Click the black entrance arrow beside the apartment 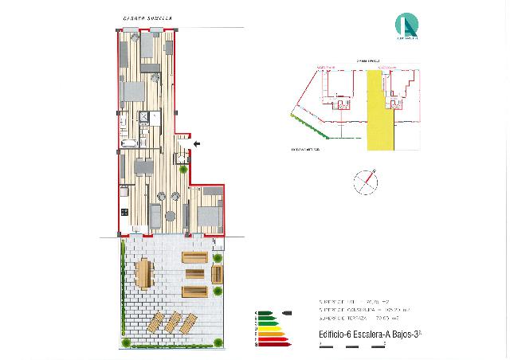tap(197, 143)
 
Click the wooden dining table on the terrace tap(143, 275)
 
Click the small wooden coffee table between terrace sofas tap(194, 274)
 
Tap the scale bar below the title tap(351, 345)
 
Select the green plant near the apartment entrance tap(183, 169)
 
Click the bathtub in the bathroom tap(129, 144)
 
